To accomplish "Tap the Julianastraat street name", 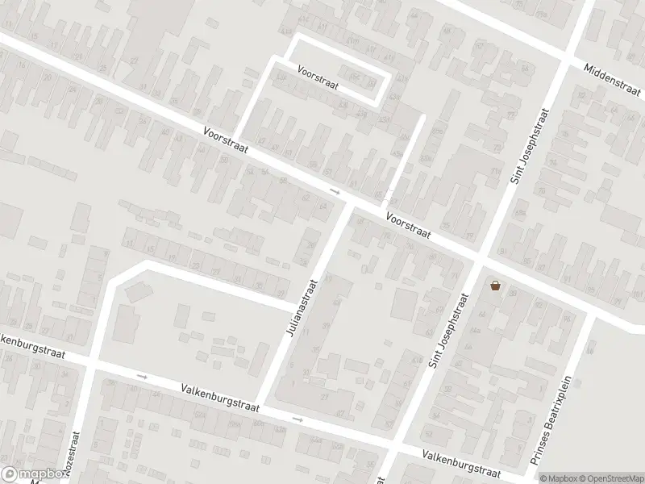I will point(302,308).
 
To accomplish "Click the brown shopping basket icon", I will point(495,285).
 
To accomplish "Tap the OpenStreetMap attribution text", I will point(607,478).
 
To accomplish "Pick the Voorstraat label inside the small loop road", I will point(318,77).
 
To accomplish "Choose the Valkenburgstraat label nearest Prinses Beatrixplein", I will point(462,466).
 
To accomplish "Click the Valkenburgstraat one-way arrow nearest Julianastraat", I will point(298,419).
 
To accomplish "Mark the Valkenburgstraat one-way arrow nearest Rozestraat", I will point(143,376).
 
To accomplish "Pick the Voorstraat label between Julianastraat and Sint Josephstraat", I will point(408,225).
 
